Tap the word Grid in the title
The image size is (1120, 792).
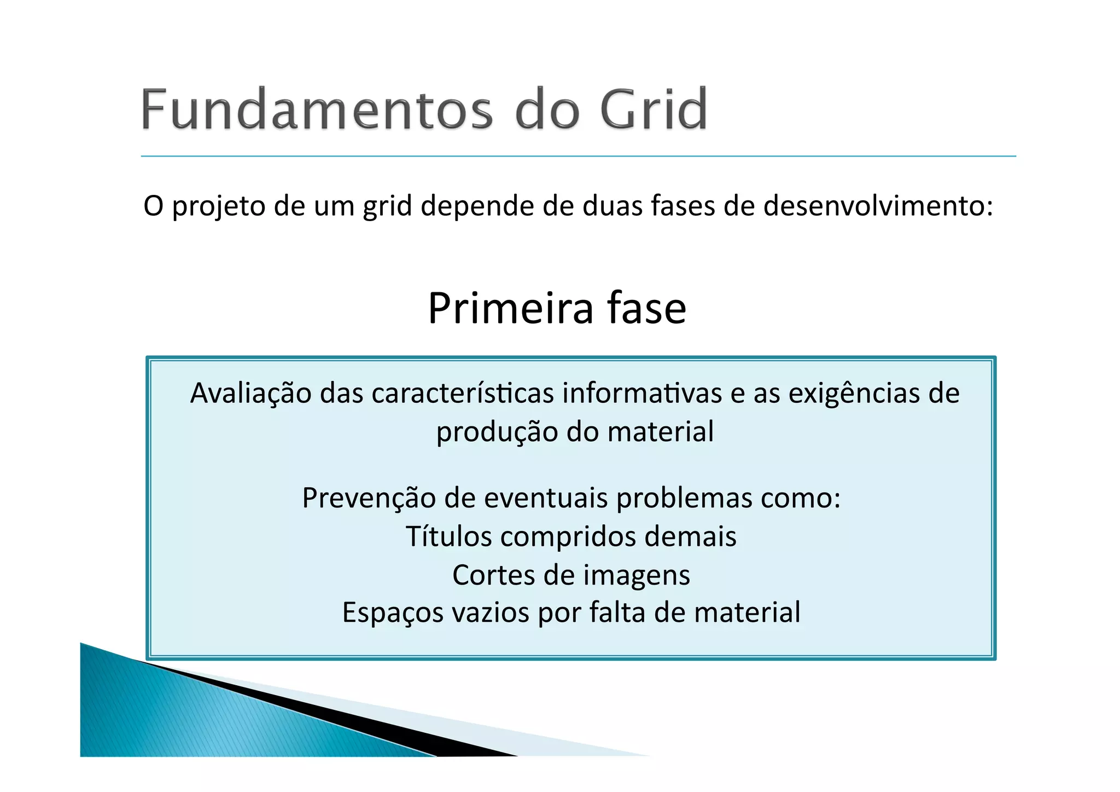[x=654, y=109]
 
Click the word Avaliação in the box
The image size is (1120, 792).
[x=250, y=394]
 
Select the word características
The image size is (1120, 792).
[x=463, y=394]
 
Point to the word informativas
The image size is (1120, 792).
[x=642, y=394]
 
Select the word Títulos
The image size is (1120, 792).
[x=448, y=536]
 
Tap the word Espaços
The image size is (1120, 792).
[x=393, y=613]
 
